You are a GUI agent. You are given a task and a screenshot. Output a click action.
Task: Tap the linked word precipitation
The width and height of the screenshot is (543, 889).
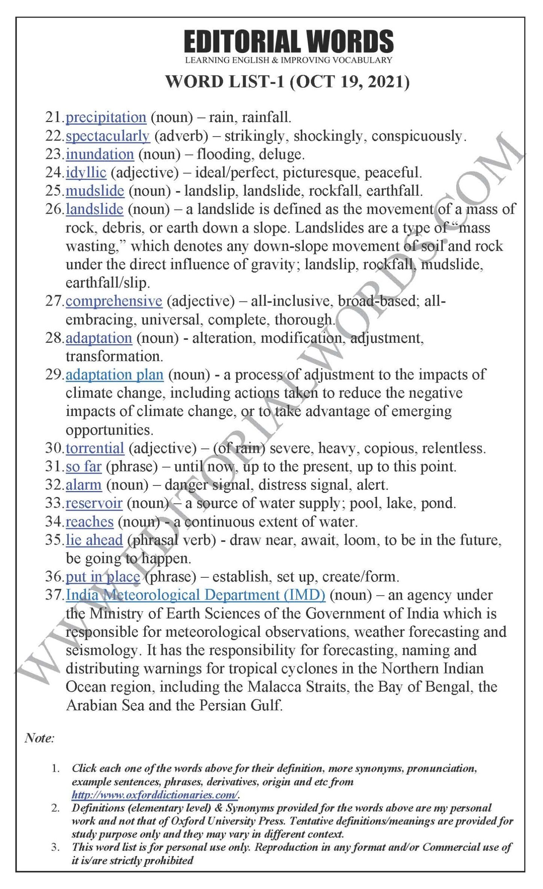coord(106,118)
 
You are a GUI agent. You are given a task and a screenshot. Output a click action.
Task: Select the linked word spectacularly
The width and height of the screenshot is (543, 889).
coord(108,136)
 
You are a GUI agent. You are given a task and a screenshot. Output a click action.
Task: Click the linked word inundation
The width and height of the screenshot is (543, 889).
coord(100,154)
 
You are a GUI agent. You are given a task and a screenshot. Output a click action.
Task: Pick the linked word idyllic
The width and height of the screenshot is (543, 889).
coord(86,173)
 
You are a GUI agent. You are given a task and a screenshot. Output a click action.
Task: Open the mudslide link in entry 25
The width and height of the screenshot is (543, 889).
coord(95,191)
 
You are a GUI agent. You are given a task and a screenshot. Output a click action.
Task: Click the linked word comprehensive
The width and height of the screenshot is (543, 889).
coord(114,301)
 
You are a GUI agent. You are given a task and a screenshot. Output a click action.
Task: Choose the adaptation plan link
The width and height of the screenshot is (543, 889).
coord(115,375)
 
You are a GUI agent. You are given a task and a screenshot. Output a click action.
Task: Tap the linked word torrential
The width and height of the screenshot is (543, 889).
coord(95,448)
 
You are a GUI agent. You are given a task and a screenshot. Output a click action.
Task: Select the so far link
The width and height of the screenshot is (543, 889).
coord(83,467)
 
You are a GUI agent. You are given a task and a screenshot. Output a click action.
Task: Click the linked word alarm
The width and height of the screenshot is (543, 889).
coord(83,485)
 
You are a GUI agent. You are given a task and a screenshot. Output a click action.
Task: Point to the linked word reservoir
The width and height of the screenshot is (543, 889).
coord(94,503)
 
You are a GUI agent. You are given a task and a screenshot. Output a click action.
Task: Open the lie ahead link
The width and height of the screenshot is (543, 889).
coord(94,540)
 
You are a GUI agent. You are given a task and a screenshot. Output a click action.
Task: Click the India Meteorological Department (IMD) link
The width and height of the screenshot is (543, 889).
coord(195,595)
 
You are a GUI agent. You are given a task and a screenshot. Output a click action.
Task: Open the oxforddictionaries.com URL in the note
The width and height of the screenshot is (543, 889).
coord(155,795)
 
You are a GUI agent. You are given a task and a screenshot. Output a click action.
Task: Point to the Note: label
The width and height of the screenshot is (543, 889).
coord(39,738)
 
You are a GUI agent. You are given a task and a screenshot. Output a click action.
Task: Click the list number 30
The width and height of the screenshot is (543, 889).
coord(53,448)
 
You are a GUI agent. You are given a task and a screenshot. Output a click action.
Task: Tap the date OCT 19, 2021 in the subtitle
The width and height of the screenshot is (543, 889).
coord(349,81)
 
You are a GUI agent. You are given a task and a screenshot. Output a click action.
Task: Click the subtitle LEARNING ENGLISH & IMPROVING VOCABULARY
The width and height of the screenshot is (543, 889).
coord(288,60)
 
